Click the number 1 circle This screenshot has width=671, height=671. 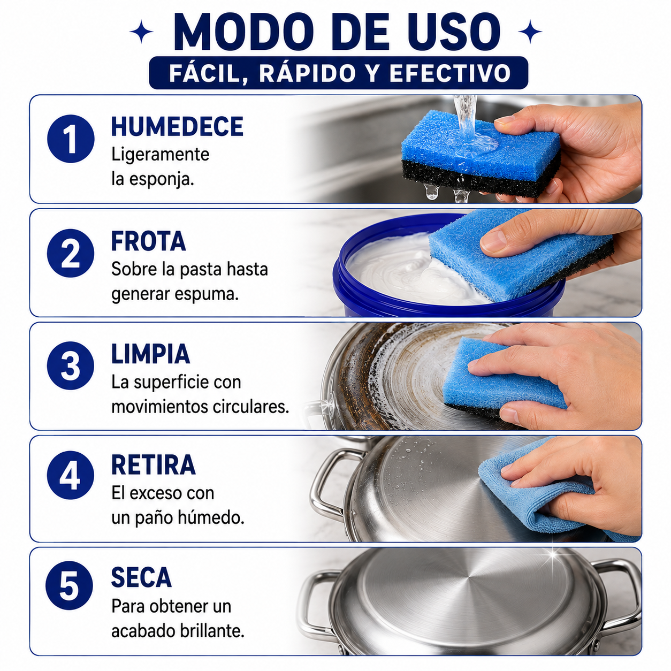coord(71,139)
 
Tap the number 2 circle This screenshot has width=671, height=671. coord(71,253)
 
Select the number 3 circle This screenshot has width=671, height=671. coord(71,365)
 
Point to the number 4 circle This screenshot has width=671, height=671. coord(71,475)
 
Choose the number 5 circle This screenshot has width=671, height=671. coord(69,585)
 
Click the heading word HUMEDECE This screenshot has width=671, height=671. coord(177,126)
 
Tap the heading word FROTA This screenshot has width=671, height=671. coord(148,241)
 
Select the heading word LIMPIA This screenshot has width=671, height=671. coord(150,354)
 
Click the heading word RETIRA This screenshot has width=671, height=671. coord(153,464)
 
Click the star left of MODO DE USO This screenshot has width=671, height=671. coord(141,32)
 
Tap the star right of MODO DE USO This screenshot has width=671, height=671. coord(530,32)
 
